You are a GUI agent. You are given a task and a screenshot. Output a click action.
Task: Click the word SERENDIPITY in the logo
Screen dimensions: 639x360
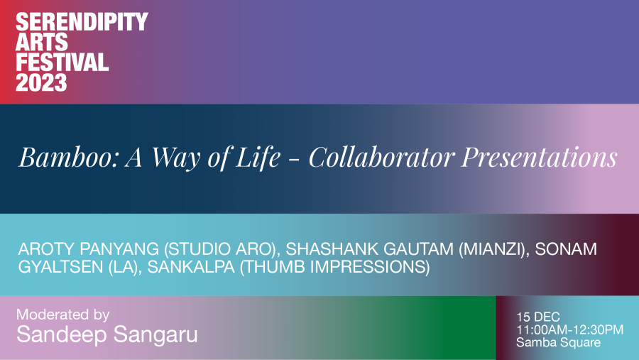pyautogui.click(x=82, y=21)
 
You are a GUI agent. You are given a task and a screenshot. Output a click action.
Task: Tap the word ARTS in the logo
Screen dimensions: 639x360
pyautogui.click(x=42, y=42)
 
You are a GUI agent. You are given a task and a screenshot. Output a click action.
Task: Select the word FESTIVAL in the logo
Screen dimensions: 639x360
pyautogui.click(x=62, y=62)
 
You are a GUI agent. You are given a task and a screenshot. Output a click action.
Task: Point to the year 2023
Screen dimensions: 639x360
pyautogui.click(x=41, y=82)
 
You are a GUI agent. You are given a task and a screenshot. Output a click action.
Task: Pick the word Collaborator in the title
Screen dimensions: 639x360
pyautogui.click(x=381, y=157)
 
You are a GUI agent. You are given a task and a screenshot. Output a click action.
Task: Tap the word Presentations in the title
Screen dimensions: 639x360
pyautogui.click(x=540, y=157)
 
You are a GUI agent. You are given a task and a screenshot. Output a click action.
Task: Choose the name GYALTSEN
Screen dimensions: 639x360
pyautogui.click(x=61, y=267)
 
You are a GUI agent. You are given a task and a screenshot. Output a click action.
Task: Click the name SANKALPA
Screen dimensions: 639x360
pyautogui.click(x=191, y=267)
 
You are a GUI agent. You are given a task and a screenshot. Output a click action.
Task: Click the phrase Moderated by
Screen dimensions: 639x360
pyautogui.click(x=62, y=315)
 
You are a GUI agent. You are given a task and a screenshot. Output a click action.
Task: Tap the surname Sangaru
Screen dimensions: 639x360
pyautogui.click(x=155, y=334)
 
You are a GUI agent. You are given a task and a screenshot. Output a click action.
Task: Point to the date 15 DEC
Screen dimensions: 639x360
pyautogui.click(x=538, y=317)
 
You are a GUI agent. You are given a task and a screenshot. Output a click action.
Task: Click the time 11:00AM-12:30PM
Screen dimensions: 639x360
pyautogui.click(x=569, y=329)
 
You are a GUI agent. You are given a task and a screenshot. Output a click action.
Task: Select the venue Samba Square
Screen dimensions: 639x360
pyautogui.click(x=558, y=342)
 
